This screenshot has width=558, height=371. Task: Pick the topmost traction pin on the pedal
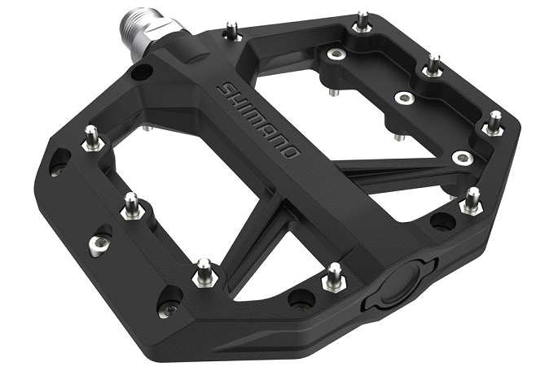363,20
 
